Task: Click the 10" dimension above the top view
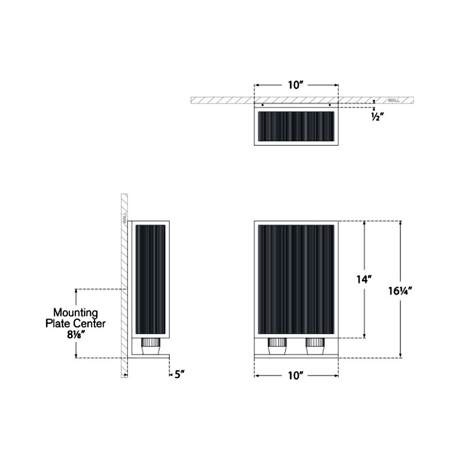tap(296, 85)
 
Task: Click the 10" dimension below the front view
tap(296, 376)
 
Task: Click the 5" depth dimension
tap(179, 375)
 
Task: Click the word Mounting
tap(76, 313)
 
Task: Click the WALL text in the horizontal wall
tap(394, 100)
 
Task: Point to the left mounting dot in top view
tap(262, 105)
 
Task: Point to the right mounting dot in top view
tap(330, 105)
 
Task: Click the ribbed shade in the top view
tap(296, 127)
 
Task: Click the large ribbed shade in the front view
tap(296, 280)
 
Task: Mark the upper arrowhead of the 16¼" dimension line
tap(401, 223)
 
